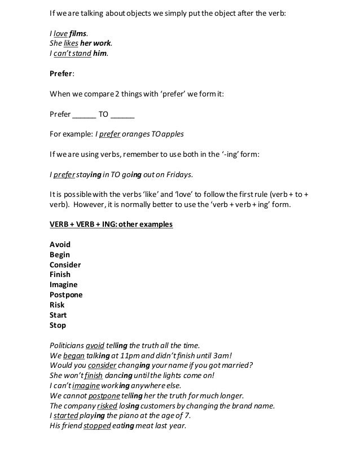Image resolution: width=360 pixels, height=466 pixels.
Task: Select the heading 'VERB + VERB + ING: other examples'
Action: tap(111, 225)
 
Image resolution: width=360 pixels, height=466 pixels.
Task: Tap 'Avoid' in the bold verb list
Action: tap(60, 245)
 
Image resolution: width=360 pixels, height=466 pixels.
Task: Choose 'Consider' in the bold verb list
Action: tap(65, 265)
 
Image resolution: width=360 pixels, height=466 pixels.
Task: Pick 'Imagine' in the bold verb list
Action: tap(64, 285)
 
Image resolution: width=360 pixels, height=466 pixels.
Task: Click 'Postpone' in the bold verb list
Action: tap(66, 295)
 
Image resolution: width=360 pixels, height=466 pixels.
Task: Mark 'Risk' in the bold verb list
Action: tap(58, 305)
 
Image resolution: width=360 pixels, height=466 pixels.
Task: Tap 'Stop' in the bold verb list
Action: tap(58, 325)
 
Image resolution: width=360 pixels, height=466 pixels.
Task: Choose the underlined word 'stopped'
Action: tap(96, 426)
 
